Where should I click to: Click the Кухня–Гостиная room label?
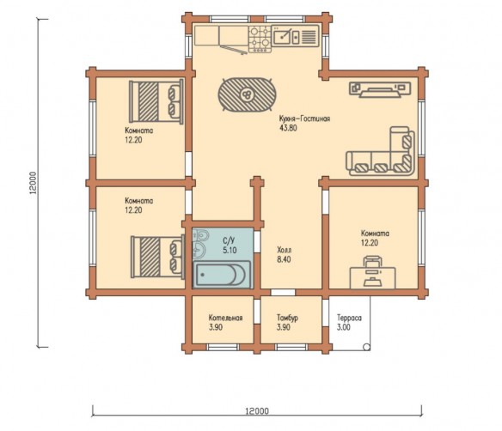[304, 118]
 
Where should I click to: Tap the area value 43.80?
[288, 128]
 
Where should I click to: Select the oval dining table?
[247, 94]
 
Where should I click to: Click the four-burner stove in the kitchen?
[260, 39]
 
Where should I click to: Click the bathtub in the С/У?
[222, 274]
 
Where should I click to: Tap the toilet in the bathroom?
[201, 235]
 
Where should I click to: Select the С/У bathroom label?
[230, 240]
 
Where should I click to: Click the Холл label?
[285, 250]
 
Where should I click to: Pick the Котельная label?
[225, 318]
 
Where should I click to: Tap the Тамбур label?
[287, 318]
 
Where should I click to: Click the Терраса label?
[349, 318]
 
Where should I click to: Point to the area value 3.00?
[344, 327]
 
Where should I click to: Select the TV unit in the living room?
[380, 89]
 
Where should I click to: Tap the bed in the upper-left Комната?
[156, 101]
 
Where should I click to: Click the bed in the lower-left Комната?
[157, 257]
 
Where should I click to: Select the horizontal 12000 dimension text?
[257, 411]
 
